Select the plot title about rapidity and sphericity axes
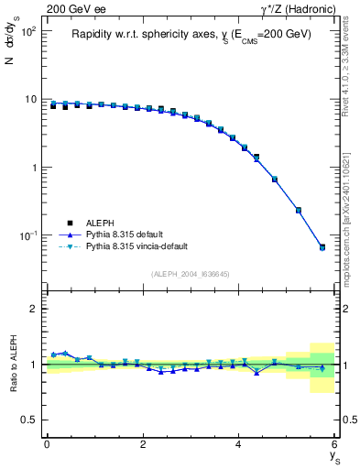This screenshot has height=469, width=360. click(191, 35)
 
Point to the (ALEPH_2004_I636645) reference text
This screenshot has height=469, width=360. click(191, 274)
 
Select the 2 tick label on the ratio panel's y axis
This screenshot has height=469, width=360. click(35, 309)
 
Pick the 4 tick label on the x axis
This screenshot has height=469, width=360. click(239, 444)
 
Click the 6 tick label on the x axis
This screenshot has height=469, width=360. click(334, 444)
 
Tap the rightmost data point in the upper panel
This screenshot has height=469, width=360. click(322, 247)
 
